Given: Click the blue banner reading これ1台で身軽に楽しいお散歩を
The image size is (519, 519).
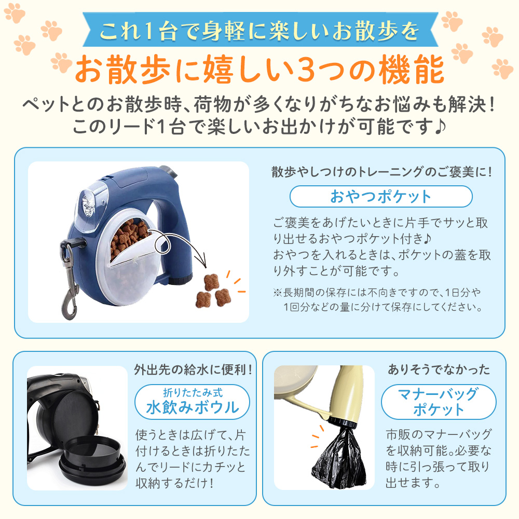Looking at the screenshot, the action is tap(260, 30).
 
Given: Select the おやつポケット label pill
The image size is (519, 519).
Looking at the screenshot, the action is tap(381, 196).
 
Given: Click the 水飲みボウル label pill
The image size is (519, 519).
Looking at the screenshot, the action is tap(193, 402).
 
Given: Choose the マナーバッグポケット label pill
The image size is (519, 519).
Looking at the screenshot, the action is tap(439, 402).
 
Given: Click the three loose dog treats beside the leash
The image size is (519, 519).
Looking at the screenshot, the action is tap(212, 291).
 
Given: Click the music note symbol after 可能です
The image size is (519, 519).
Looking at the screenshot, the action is tap(440, 127).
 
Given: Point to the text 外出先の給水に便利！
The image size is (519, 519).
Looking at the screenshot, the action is tap(193, 370).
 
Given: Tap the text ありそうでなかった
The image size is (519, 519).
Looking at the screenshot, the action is tap(439, 370).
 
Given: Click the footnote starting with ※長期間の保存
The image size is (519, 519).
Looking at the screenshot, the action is tap(378, 299).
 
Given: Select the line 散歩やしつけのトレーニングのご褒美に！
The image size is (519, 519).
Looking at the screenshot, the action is tap(382, 172).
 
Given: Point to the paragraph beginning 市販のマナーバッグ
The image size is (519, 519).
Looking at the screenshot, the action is tap(439, 458).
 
